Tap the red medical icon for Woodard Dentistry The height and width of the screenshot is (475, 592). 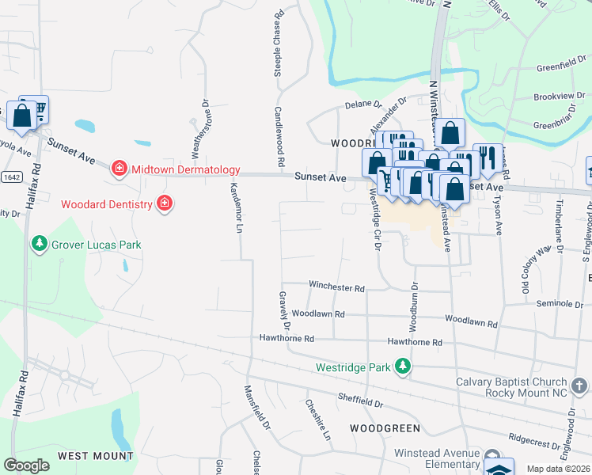click(164, 204)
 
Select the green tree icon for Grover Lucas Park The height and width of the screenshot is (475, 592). click(38, 244)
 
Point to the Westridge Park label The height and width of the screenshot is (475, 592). click(353, 367)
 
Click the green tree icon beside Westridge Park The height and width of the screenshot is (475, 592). click(403, 366)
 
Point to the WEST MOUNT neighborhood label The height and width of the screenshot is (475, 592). click(95, 456)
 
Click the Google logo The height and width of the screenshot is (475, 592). click(26, 465)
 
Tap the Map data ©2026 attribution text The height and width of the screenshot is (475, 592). click(558, 469)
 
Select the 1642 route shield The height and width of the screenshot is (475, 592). click(11, 176)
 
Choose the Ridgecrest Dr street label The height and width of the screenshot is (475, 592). click(535, 436)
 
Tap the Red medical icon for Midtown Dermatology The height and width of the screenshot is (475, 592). click(119, 168)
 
